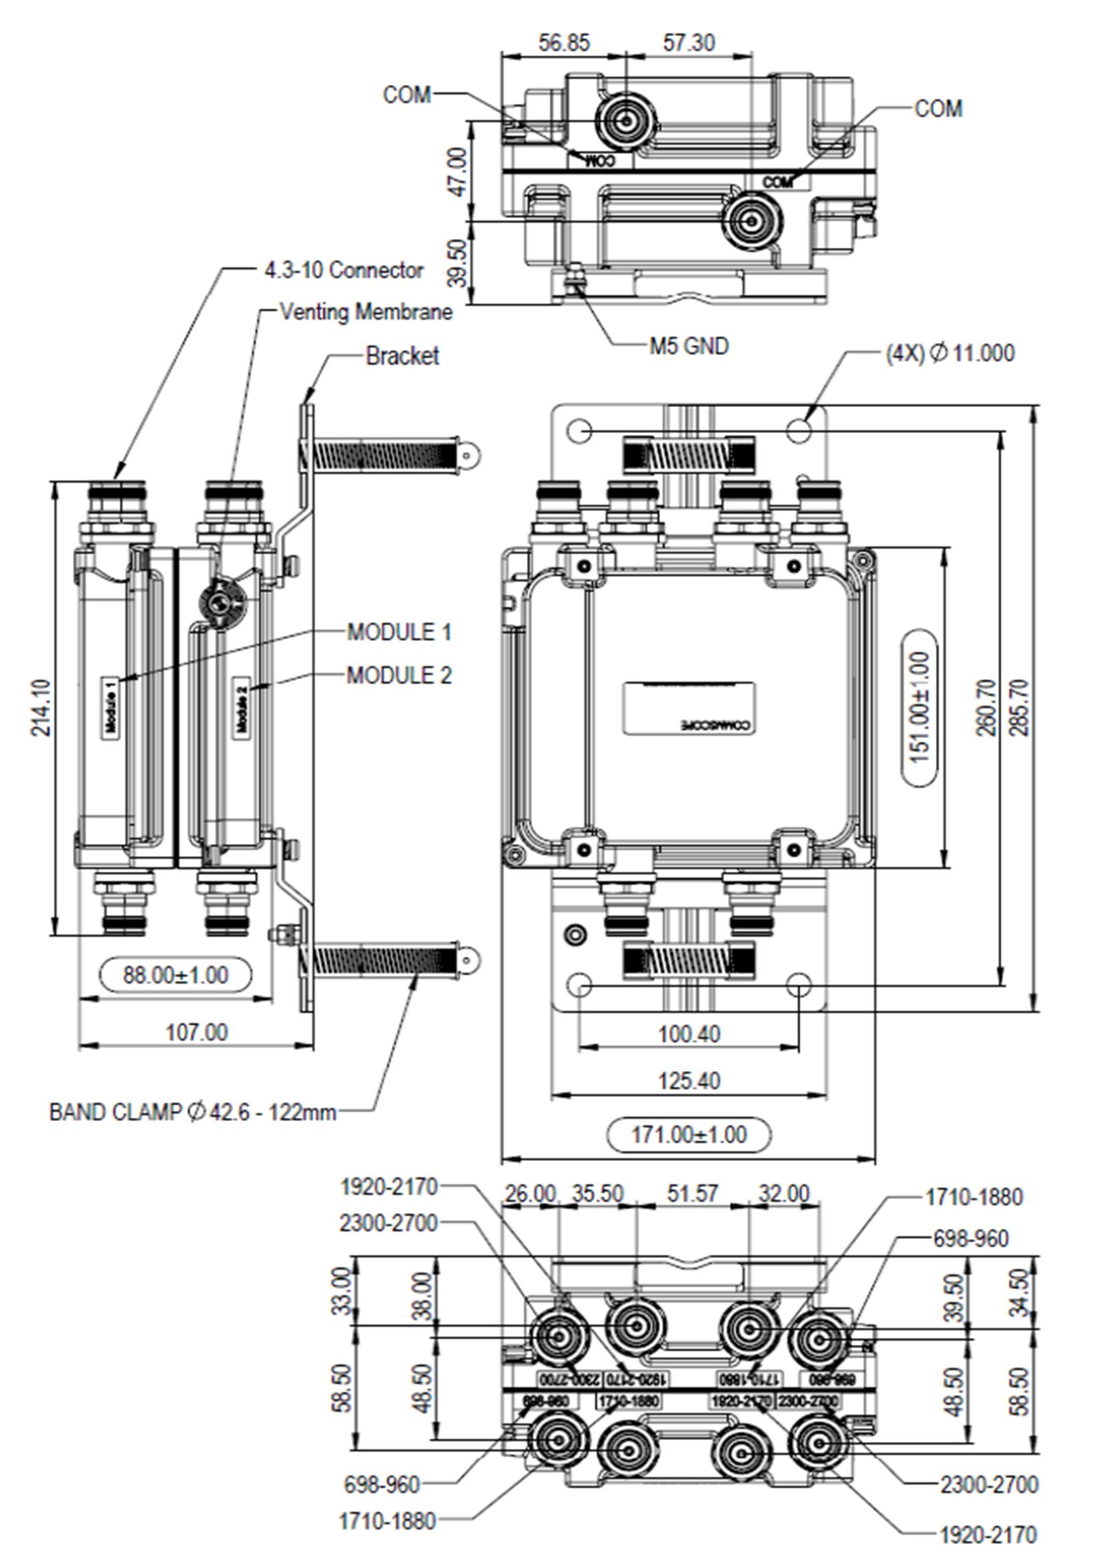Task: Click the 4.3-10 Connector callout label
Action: pyautogui.click(x=344, y=270)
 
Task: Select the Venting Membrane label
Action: pyautogui.click(x=366, y=312)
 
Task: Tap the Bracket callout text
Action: pyautogui.click(x=402, y=355)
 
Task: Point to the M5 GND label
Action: pyautogui.click(x=689, y=346)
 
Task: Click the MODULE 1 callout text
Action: pyautogui.click(x=399, y=632)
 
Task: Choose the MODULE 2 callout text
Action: pyautogui.click(x=399, y=675)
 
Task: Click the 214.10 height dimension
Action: pyautogui.click(x=41, y=707)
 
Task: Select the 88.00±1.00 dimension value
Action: pyautogui.click(x=176, y=974)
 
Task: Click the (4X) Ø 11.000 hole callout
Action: pyautogui.click(x=949, y=353)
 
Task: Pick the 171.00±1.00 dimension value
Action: pyautogui.click(x=689, y=1134)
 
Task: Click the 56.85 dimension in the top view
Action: pyautogui.click(x=564, y=43)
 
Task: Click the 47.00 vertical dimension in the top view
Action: pyautogui.click(x=458, y=171)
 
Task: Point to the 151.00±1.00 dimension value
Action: pyautogui.click(x=919, y=707)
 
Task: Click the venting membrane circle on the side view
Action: pyautogui.click(x=219, y=601)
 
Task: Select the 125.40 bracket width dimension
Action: pyautogui.click(x=689, y=1080)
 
